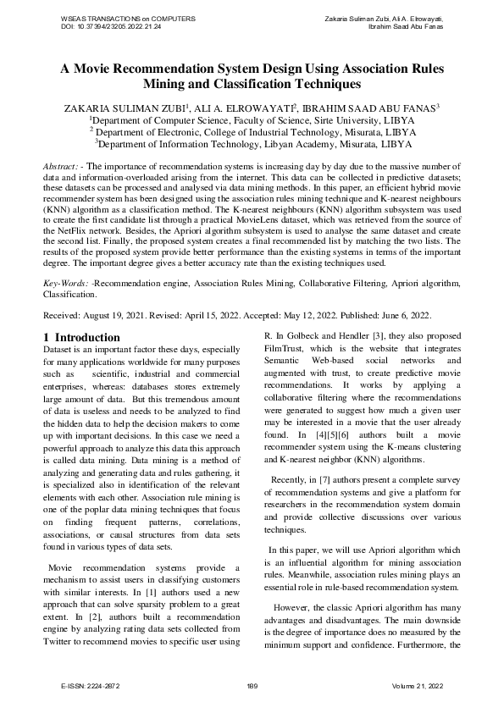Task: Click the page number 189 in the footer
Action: tap(252, 685)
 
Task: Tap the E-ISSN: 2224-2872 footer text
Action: tap(96, 685)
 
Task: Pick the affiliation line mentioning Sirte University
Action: tap(252, 120)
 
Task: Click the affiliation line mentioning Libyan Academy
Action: tap(252, 144)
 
